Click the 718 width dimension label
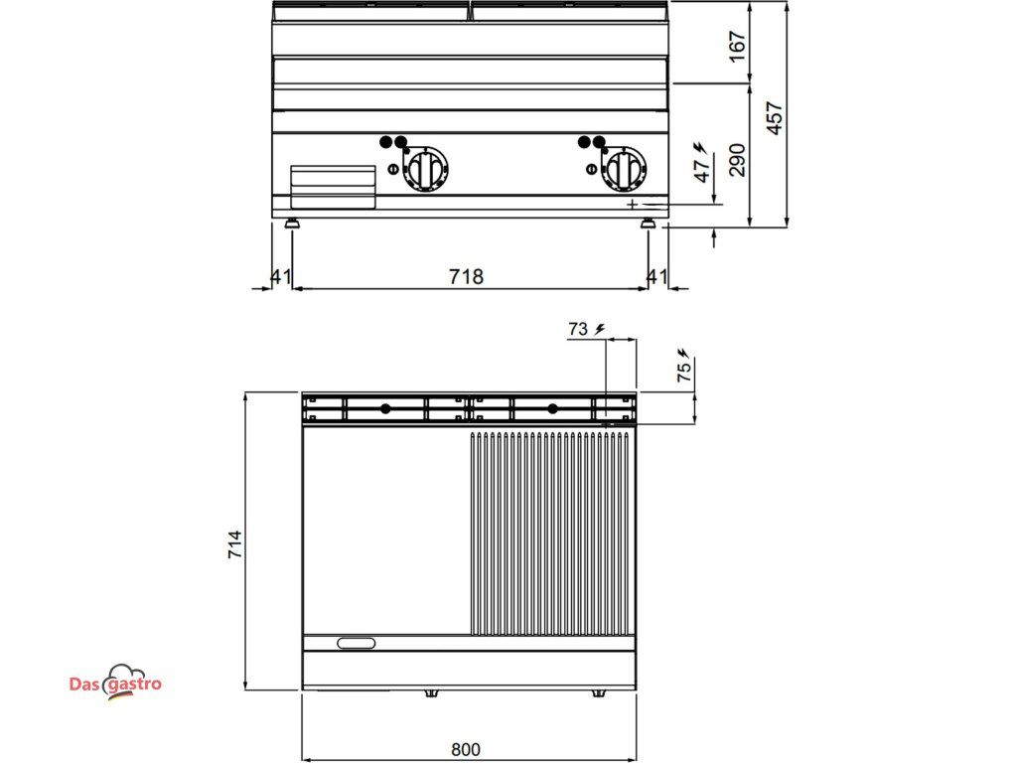click(467, 276)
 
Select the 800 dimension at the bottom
click(466, 749)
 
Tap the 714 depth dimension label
click(234, 544)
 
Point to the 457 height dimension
click(775, 118)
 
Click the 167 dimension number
click(738, 46)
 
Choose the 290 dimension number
click(738, 160)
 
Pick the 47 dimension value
click(702, 170)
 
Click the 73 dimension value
click(578, 330)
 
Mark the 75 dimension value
click(684, 372)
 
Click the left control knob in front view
click(424, 169)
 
